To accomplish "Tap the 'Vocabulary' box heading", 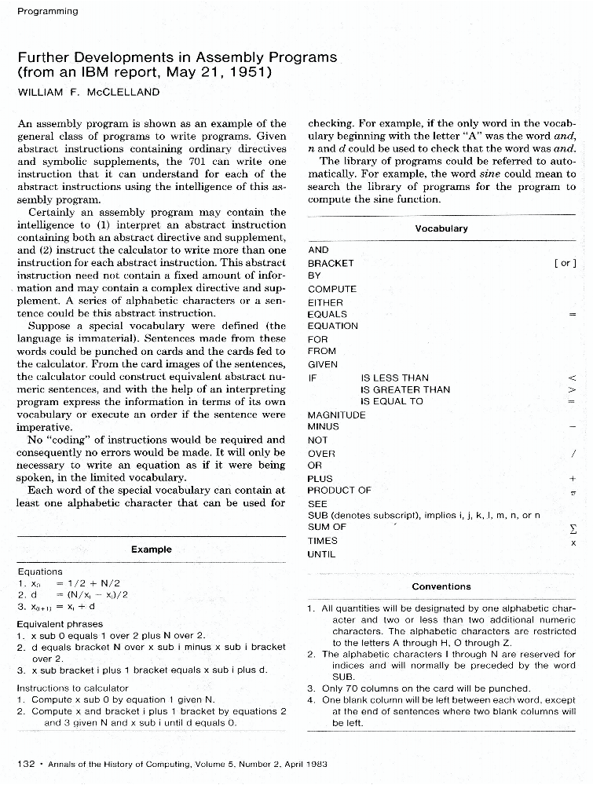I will (441, 228).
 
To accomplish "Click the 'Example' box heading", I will (151, 549).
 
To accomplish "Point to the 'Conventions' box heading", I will (441, 586).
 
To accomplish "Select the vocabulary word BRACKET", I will (331, 263).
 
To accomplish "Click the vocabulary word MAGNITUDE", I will (336, 414).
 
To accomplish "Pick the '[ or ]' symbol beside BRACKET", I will (565, 263).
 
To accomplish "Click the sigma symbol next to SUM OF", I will (573, 529).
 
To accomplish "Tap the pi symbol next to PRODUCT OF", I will (573, 491).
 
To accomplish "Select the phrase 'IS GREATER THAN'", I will (404, 389).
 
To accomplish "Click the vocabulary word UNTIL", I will (322, 554).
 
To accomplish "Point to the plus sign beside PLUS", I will (573, 478).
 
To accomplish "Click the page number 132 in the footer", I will (26, 763).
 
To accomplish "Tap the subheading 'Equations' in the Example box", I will (39, 571).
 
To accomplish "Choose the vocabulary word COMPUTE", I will (332, 289).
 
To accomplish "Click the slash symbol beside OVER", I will (574, 453).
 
